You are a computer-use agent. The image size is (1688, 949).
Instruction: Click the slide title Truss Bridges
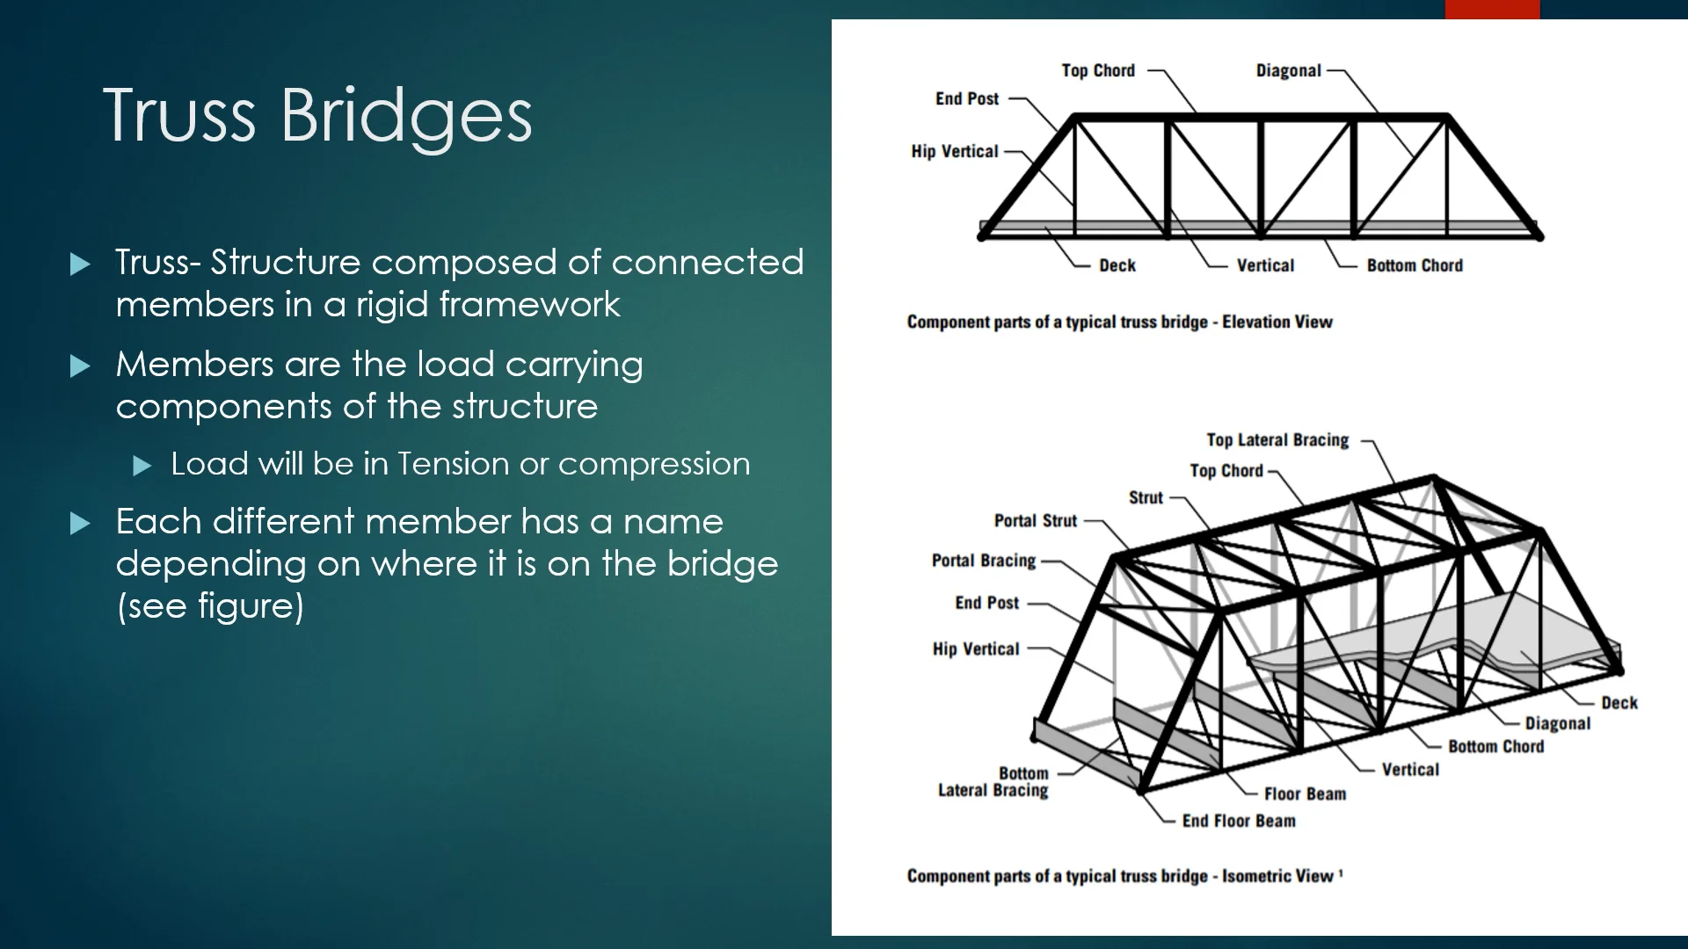click(x=317, y=114)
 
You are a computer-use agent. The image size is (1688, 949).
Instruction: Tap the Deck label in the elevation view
click(x=1117, y=265)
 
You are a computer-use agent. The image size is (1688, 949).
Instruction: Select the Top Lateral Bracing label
click(x=1277, y=439)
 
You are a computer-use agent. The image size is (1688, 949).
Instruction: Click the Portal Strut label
click(x=1035, y=520)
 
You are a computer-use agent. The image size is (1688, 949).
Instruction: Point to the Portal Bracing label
click(x=983, y=561)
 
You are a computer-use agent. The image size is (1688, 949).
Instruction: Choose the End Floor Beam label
click(x=1238, y=821)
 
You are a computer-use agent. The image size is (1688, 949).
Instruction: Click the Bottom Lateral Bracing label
click(x=993, y=782)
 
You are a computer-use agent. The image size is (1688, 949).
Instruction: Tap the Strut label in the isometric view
click(x=1146, y=497)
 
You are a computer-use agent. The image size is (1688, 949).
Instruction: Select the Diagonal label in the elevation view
click(x=1288, y=71)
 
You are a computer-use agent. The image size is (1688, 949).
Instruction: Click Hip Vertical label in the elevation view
click(x=955, y=151)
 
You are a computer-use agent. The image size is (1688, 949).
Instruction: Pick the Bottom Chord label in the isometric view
click(x=1495, y=746)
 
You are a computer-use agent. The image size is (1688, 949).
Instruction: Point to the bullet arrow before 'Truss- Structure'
click(x=80, y=264)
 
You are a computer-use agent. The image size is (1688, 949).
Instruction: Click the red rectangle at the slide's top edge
click(x=1492, y=9)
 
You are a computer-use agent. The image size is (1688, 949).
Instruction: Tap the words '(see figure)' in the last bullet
click(x=210, y=606)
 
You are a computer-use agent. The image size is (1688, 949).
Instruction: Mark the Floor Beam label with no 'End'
click(x=1305, y=793)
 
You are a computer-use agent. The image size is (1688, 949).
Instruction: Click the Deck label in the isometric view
click(x=1619, y=702)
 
